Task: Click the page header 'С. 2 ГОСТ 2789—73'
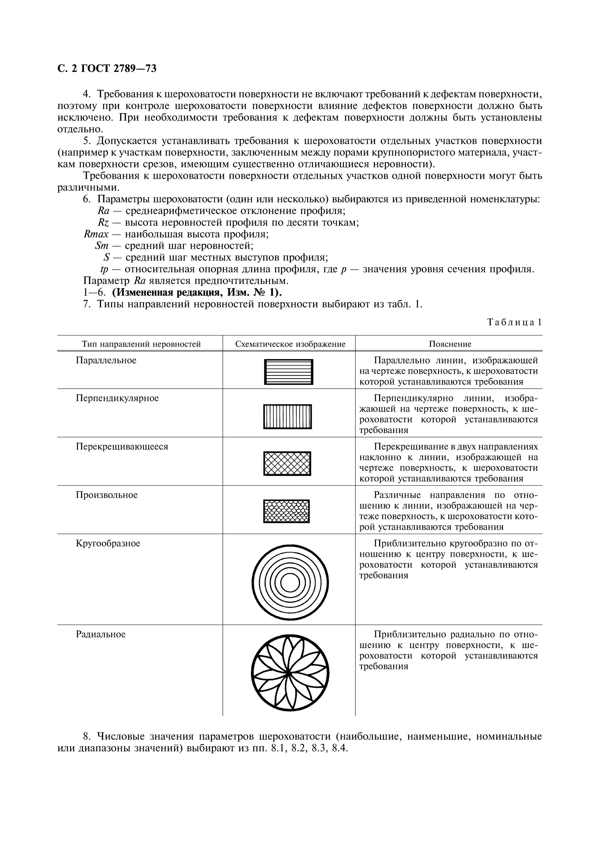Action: coord(107,68)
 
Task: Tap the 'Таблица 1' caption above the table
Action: coord(514,323)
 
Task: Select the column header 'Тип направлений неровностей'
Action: coord(141,344)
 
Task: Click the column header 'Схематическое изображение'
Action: coord(290,344)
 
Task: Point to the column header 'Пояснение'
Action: coord(450,344)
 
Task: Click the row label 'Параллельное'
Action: coord(106,360)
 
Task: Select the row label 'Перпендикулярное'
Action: coord(117,398)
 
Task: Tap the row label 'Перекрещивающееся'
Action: coord(122,446)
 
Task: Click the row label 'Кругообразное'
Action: coord(108,544)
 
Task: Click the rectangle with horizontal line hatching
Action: coord(289,372)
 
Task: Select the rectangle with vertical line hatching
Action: coord(287,417)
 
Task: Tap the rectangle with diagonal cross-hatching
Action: coord(287,463)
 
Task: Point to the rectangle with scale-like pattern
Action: coord(286,511)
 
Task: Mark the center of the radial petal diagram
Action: coord(290,673)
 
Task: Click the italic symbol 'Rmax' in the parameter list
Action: coord(96,234)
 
